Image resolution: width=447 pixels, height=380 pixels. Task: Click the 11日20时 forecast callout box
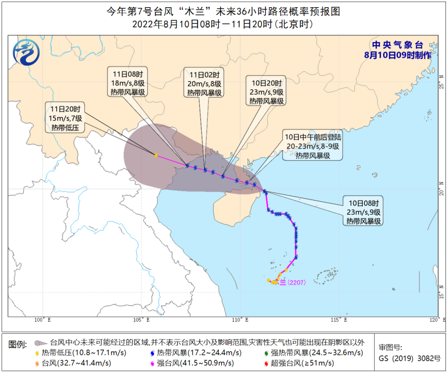tap(67, 117)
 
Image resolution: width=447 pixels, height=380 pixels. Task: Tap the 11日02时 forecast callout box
tap(205, 83)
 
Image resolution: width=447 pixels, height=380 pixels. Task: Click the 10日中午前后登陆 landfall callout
tap(312, 146)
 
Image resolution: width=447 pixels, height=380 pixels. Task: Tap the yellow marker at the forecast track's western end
tap(156, 155)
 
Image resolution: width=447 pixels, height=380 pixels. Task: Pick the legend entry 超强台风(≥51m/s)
tap(302, 363)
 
